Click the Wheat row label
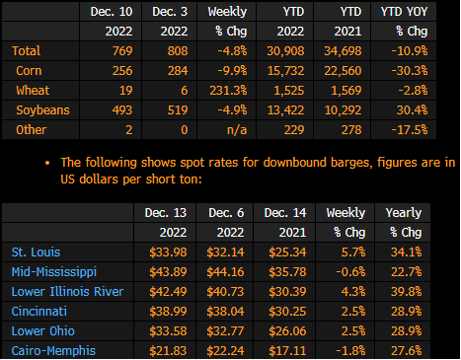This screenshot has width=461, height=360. pyautogui.click(x=33, y=91)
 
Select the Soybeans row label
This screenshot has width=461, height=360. pyautogui.click(x=42, y=110)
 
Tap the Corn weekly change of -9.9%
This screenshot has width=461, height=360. pyautogui.click(x=232, y=71)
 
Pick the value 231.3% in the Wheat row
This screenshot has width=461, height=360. pyautogui.click(x=228, y=91)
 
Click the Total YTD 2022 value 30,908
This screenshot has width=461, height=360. pyautogui.click(x=285, y=51)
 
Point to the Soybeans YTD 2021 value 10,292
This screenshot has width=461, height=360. pyautogui.click(x=343, y=110)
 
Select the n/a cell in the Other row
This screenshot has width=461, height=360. pyautogui.click(x=237, y=130)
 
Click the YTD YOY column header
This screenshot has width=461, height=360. pyautogui.click(x=404, y=12)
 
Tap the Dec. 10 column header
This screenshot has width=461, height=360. pyautogui.click(x=112, y=12)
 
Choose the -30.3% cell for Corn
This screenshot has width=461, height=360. pyautogui.click(x=410, y=71)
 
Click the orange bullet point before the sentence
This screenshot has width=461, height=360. pyautogui.click(x=47, y=163)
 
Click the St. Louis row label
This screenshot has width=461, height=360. pyautogui.click(x=36, y=252)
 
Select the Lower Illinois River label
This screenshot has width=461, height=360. pyautogui.click(x=67, y=292)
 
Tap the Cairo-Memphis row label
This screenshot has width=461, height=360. pyautogui.click(x=53, y=351)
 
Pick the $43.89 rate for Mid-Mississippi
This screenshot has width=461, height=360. pyautogui.click(x=168, y=272)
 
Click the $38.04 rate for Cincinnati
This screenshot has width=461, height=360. pyautogui.click(x=225, y=312)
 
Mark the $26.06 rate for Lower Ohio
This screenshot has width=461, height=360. pyautogui.click(x=287, y=331)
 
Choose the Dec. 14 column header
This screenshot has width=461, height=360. pyautogui.click(x=285, y=213)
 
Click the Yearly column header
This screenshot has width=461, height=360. pyautogui.click(x=404, y=213)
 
